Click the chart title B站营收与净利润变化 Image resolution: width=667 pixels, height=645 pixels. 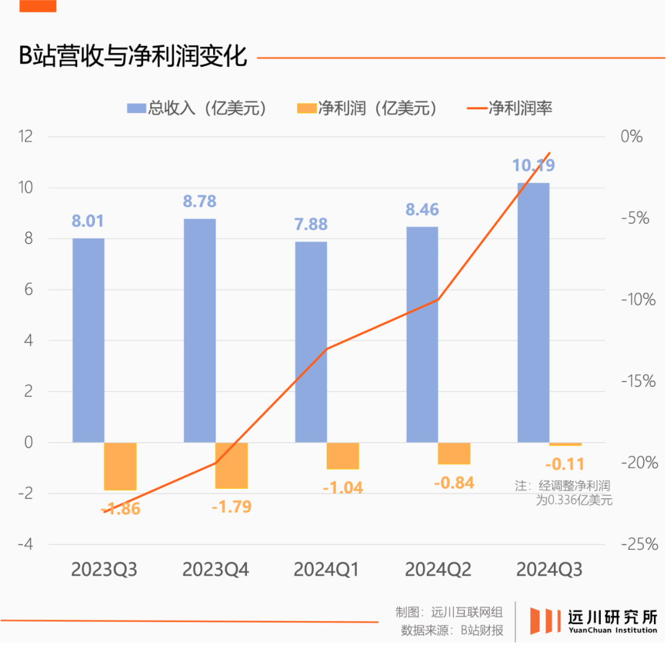coord(133,56)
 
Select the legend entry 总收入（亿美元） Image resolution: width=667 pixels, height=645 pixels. coord(198,108)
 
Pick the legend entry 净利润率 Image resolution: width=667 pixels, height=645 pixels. coord(510,108)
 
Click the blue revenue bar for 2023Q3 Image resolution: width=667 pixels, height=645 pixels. coord(88,339)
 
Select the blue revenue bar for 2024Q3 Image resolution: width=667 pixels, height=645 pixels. coord(533,312)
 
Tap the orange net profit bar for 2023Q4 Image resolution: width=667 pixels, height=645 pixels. coord(232,465)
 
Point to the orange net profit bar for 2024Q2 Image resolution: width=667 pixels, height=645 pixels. coord(454,453)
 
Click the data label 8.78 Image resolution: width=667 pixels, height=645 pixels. coord(199,201)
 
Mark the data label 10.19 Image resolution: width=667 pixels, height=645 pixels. coord(533,165)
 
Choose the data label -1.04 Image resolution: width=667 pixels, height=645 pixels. coord(343,488)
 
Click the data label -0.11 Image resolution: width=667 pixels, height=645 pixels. coord(564,464)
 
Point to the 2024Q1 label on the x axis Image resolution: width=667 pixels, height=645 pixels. coord(326,570)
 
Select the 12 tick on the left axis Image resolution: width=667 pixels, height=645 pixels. coord(25,136)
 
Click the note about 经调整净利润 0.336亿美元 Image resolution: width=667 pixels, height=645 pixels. coord(564,493)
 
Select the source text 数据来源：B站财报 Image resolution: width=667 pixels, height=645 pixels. coord(451,630)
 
